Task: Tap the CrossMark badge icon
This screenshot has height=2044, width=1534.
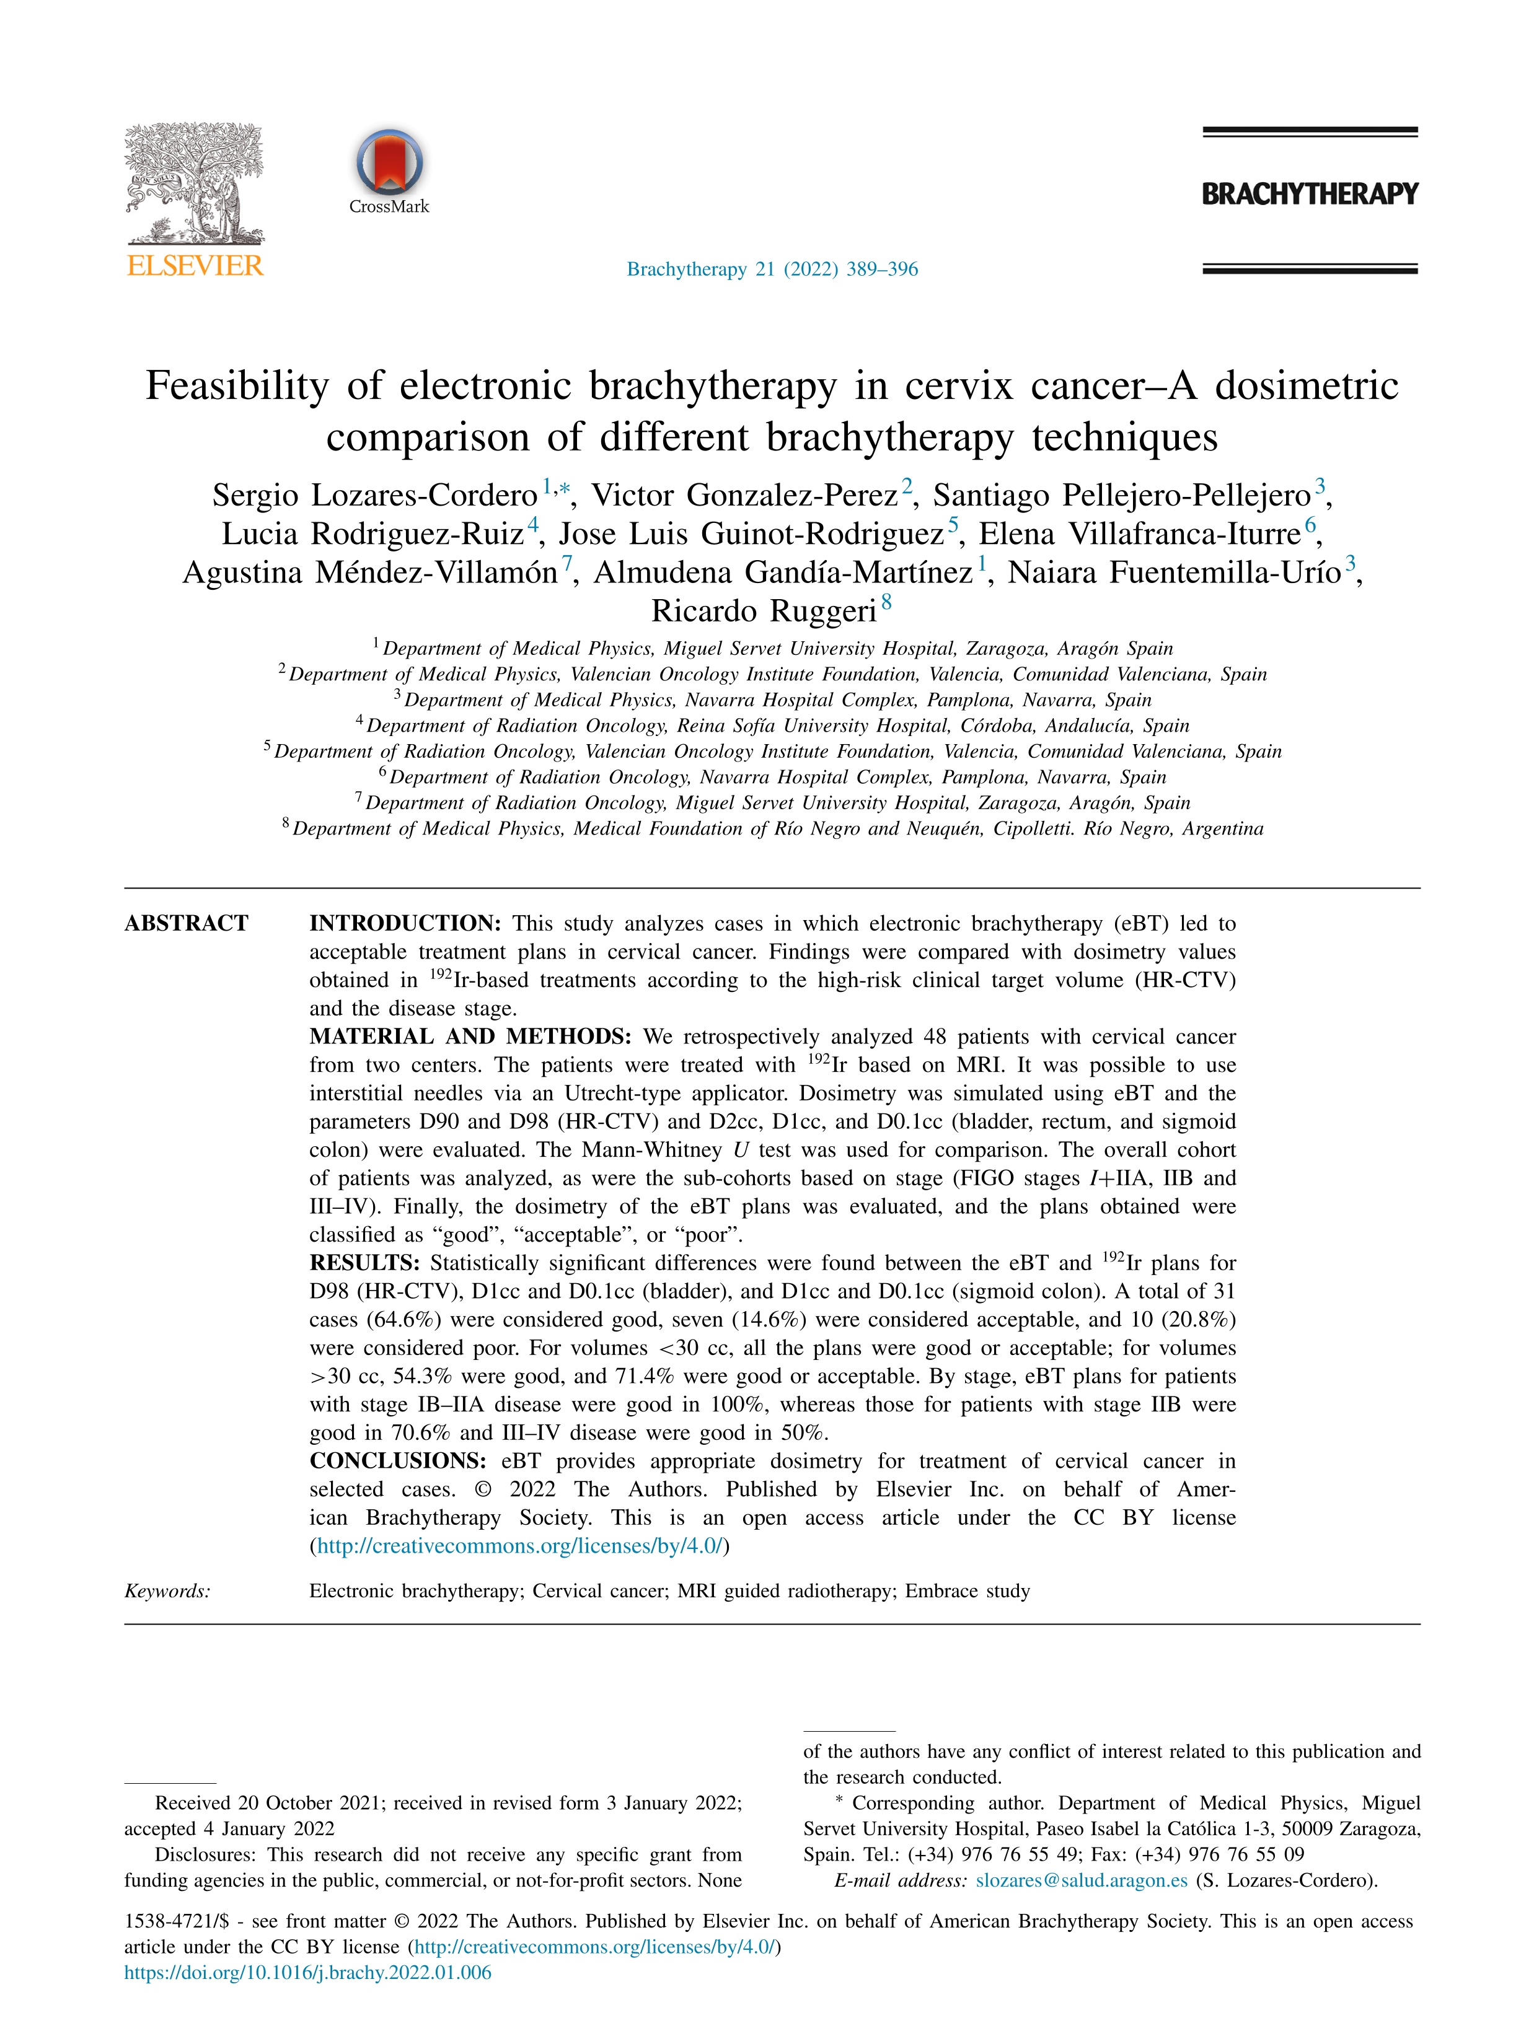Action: [x=389, y=162]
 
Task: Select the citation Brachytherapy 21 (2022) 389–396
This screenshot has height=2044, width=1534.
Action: [x=772, y=269]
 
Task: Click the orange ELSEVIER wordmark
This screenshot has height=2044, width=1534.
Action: [x=194, y=266]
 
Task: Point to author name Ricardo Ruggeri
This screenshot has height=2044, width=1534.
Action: [x=764, y=611]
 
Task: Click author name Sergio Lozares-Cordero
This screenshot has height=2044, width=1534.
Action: [x=374, y=495]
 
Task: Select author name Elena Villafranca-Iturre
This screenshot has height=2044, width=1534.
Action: [x=1139, y=534]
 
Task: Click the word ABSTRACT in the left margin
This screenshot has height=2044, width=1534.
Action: [x=187, y=923]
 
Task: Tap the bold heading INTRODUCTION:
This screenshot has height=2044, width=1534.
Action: [x=405, y=923]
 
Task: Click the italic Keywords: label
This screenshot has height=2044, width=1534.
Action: [x=167, y=1590]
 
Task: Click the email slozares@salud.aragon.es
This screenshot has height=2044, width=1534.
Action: [x=1081, y=1880]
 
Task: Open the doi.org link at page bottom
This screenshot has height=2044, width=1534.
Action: [x=307, y=1972]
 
